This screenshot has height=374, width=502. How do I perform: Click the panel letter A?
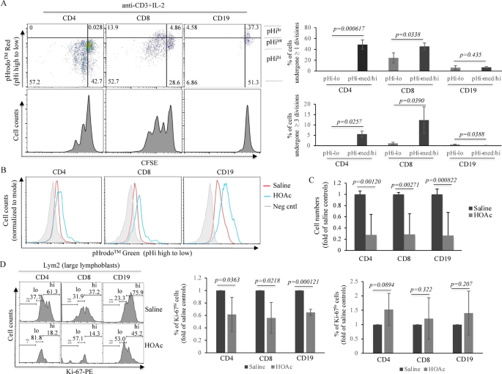(5, 5)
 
